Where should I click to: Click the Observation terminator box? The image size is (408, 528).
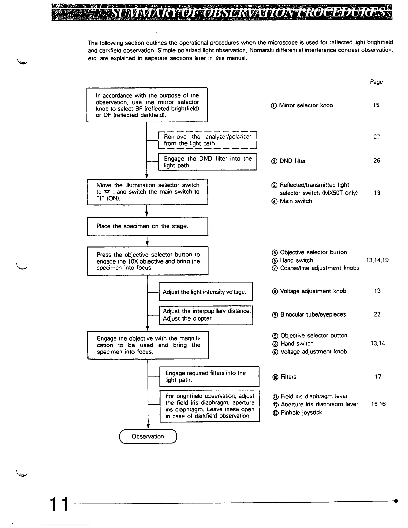pos(148,436)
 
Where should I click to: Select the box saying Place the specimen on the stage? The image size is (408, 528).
pos(147,226)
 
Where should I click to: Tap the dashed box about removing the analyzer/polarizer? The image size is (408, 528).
pos(208,140)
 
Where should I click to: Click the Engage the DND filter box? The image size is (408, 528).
pos(207,162)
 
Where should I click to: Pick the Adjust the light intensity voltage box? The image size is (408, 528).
pos(206,292)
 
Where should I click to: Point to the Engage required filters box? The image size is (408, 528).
pos(209,377)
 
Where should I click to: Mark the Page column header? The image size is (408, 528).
pos(376,82)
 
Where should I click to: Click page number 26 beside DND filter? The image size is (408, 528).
pos(377,161)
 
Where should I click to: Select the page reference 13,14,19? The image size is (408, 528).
pos(377,260)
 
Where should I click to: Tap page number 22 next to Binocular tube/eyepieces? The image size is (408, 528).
pos(377,314)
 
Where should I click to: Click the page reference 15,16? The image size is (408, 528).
pos(378,404)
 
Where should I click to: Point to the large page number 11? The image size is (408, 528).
pos(59,504)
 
